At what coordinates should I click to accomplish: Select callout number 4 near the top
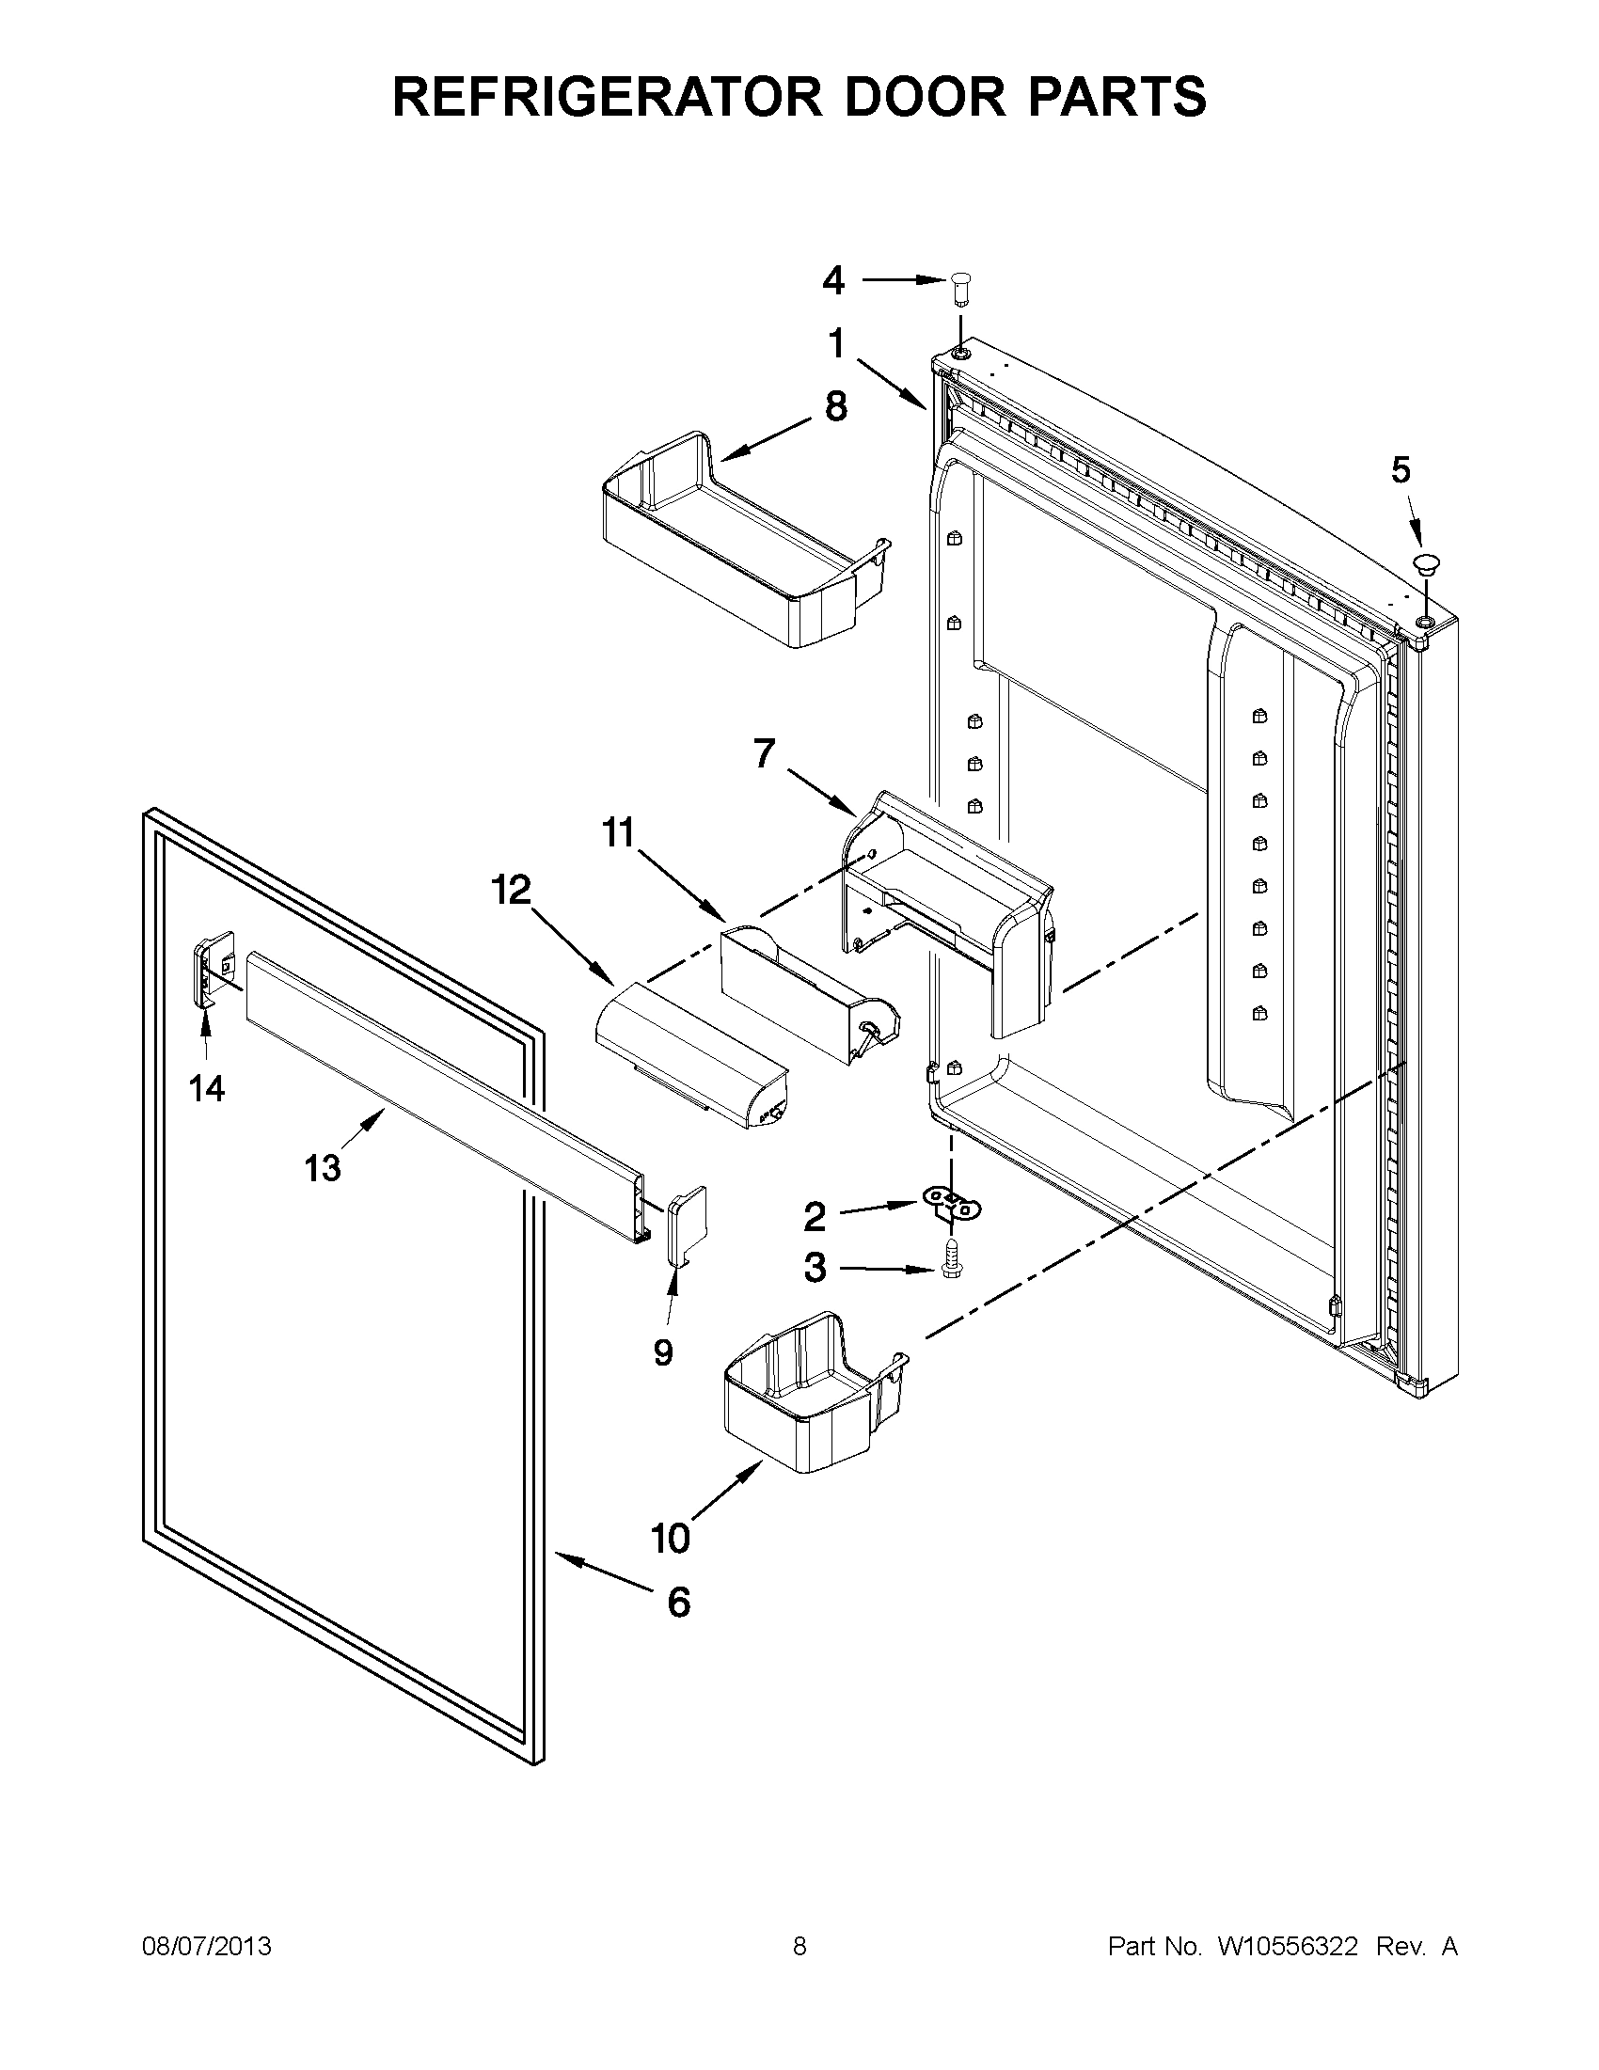point(832,279)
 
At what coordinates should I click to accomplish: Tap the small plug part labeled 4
point(960,287)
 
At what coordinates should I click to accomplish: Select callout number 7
point(764,753)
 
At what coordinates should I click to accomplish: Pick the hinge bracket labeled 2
point(951,1206)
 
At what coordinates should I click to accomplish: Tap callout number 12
point(511,891)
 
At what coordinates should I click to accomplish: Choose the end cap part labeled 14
point(212,969)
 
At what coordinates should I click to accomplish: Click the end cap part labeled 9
point(688,1225)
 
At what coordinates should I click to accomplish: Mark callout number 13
point(322,1168)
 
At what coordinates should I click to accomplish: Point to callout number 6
point(679,1602)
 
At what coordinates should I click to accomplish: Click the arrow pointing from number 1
point(891,384)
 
